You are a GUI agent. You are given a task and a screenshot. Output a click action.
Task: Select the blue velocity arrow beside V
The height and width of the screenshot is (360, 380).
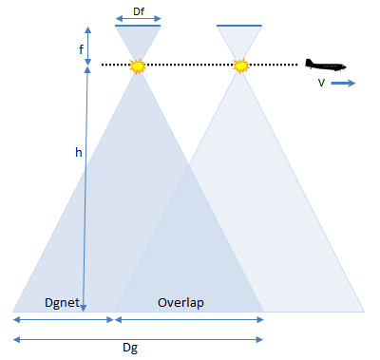pyautogui.click(x=344, y=84)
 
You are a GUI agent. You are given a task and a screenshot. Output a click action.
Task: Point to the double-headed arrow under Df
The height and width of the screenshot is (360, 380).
pyautogui.click(x=138, y=18)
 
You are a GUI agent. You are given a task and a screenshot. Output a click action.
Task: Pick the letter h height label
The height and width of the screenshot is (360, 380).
pyautogui.click(x=79, y=152)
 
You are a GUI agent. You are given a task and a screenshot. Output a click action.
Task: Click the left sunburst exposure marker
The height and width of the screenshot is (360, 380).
pyautogui.click(x=138, y=66)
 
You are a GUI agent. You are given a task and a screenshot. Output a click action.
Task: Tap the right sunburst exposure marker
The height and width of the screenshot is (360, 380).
pyautogui.click(x=240, y=66)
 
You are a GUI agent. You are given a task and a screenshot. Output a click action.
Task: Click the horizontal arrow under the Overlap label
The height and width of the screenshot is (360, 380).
pyautogui.click(x=189, y=317)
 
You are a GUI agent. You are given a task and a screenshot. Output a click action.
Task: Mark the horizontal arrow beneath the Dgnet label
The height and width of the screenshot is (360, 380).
pyautogui.click(x=64, y=317)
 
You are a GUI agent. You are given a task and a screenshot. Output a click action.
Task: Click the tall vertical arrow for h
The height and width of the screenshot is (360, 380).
pyautogui.click(x=86, y=190)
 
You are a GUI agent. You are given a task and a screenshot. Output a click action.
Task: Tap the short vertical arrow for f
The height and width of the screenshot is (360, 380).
pyautogui.click(x=87, y=44)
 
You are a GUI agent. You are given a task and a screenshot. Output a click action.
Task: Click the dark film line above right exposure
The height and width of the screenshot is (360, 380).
pyautogui.click(x=240, y=26)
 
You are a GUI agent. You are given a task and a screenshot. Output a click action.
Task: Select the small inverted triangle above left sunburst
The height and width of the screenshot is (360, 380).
pyautogui.click(x=138, y=42)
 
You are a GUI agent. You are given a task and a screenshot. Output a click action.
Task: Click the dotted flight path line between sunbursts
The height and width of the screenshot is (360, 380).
pyautogui.click(x=189, y=65)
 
